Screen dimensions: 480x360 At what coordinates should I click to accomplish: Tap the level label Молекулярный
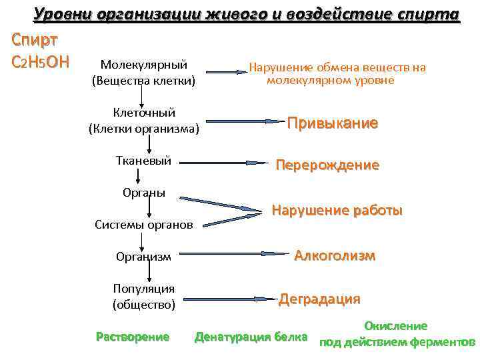pos(143,65)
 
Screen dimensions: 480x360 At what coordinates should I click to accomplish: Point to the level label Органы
pos(144,193)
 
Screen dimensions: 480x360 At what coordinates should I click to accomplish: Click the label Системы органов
pos(144,225)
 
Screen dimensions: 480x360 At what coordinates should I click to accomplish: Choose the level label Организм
pos(143,256)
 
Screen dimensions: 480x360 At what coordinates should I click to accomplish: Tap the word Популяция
pos(144,289)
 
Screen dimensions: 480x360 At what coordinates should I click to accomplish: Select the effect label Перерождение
pos(327,165)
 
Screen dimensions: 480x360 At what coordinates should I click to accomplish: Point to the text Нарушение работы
pos(337,211)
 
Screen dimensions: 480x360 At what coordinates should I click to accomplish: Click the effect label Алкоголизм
pos(335,256)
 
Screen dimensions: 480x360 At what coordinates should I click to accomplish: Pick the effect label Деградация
pos(319,299)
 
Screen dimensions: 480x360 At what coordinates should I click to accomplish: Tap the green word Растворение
pos(133,337)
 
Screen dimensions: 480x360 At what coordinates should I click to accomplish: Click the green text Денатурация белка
pos(251,337)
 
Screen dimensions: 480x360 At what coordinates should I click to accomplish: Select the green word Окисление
pos(395,326)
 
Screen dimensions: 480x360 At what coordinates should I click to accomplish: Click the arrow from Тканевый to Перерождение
pos(223,162)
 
